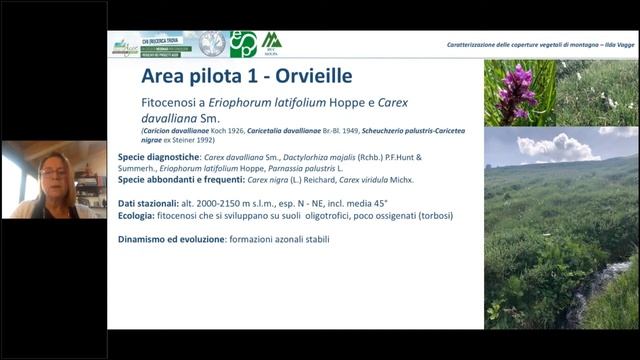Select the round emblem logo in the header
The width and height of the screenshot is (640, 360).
[212, 44]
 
